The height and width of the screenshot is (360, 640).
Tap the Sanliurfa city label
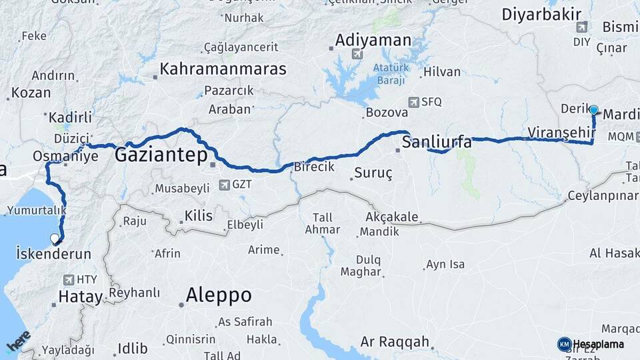(x=437, y=142)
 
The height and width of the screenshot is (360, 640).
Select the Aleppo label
(x=219, y=295)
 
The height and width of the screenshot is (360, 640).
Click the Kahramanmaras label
(x=223, y=69)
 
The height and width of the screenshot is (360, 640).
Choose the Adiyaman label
(x=373, y=40)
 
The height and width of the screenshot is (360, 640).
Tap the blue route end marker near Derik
(x=593, y=110)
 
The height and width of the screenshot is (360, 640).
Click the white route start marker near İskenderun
(x=55, y=238)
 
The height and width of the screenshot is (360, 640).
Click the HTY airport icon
(x=67, y=279)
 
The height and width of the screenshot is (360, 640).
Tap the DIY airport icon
(x=582, y=27)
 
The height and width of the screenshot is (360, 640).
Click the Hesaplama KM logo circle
(x=564, y=344)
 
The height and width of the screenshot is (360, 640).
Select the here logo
(x=18, y=342)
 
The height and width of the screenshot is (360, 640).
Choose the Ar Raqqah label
(x=395, y=342)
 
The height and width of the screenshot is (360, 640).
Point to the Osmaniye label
(x=65, y=157)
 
